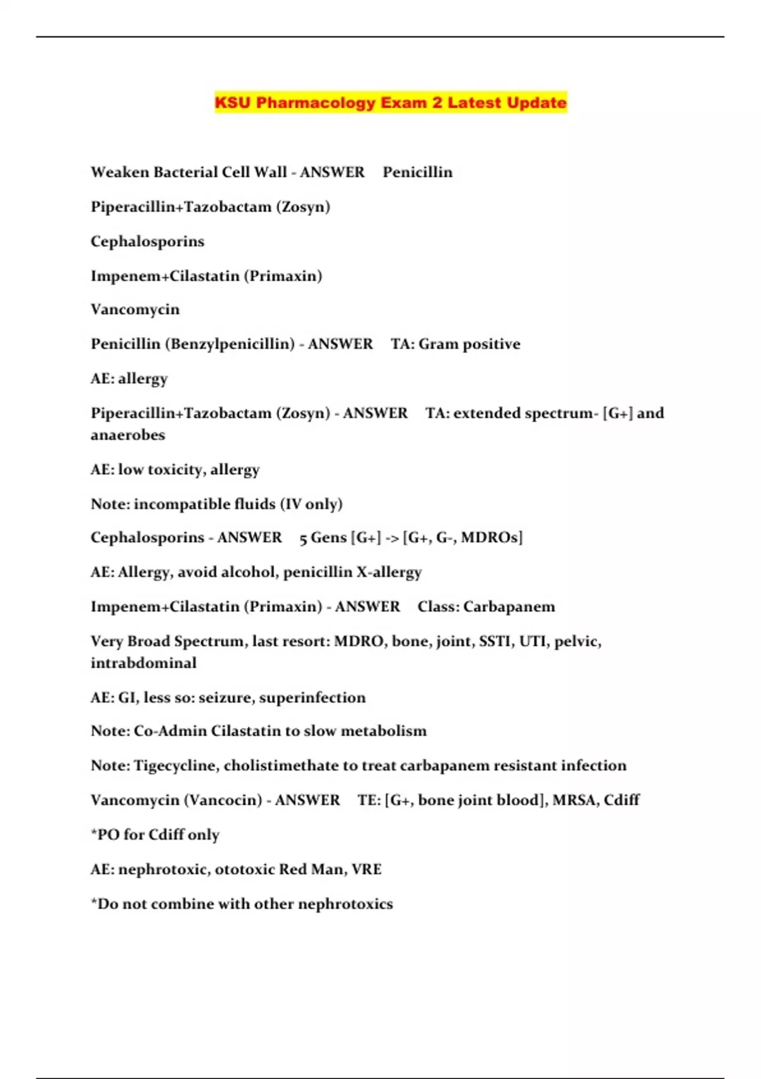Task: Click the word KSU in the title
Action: click(x=233, y=103)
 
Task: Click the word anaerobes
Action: click(x=127, y=435)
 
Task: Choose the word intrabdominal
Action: click(x=143, y=663)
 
